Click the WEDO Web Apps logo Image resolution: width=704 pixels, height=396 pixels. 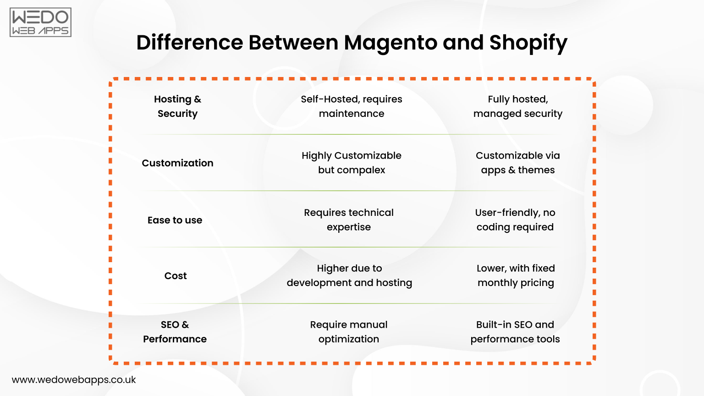(40, 22)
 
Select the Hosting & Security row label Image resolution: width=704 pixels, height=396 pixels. (177, 106)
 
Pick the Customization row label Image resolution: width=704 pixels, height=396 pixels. (177, 163)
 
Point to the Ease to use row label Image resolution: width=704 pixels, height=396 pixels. (175, 220)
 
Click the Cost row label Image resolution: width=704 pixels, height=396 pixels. (176, 276)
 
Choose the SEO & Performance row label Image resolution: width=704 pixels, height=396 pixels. (175, 332)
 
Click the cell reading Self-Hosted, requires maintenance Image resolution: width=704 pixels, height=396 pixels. (352, 106)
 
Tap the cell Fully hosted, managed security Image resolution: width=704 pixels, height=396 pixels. (518, 106)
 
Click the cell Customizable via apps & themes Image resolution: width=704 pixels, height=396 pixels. (518, 163)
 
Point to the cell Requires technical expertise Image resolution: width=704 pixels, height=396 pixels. (349, 220)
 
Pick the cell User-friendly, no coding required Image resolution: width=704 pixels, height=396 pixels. (515, 220)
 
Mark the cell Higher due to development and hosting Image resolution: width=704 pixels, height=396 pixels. (349, 275)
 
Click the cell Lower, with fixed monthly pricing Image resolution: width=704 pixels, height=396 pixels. (516, 275)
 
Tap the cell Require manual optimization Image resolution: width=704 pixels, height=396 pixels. (349, 332)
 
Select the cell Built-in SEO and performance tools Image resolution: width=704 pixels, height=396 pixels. (515, 332)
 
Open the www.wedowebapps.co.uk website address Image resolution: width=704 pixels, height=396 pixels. (74, 380)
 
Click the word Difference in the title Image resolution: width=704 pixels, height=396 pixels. (190, 43)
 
